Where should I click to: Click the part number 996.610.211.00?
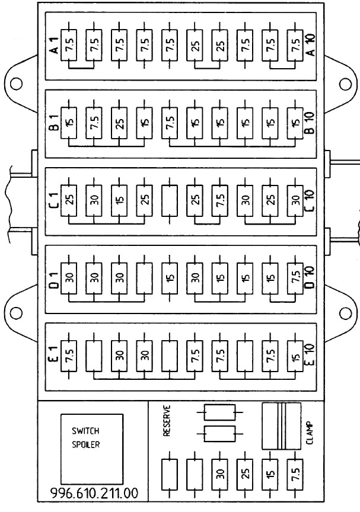(94, 493)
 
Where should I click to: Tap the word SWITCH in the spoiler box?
(85, 431)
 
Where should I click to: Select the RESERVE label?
(167, 421)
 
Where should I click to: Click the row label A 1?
(55, 46)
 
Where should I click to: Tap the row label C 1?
(55, 200)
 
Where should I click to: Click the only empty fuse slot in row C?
(170, 201)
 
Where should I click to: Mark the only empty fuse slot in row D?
(144, 278)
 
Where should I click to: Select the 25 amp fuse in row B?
(119, 123)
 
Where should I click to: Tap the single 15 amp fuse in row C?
(119, 201)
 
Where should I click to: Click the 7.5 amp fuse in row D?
(295, 278)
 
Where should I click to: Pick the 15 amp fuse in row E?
(295, 356)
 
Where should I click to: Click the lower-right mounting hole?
(345, 313)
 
